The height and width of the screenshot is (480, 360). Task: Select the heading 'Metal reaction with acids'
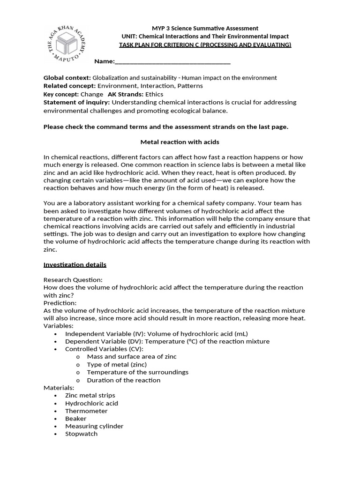click(180, 142)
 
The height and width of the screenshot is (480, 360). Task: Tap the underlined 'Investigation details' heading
click(75, 264)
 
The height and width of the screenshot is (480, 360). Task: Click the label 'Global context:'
click(67, 78)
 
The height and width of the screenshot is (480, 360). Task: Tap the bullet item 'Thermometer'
click(86, 411)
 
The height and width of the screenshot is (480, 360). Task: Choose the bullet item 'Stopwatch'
click(82, 434)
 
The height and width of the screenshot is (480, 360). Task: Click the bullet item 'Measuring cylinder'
click(94, 426)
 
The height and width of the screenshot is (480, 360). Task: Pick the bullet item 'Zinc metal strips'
click(90, 395)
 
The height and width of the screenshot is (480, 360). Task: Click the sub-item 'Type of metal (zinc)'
click(117, 364)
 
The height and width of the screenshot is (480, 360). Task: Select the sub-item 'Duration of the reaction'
click(124, 380)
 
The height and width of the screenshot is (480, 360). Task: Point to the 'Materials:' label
click(59, 388)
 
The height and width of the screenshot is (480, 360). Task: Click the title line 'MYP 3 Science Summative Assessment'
click(205, 28)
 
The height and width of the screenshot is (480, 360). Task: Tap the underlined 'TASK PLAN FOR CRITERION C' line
click(205, 45)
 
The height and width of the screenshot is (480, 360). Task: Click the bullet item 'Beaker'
click(76, 418)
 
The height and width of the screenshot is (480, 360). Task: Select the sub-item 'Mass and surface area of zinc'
click(132, 356)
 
